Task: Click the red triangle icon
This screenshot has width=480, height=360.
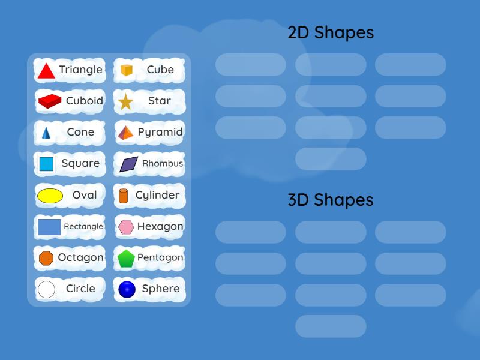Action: [46, 71]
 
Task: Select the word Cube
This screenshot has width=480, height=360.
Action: [160, 70]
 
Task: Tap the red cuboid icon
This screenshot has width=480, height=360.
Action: [50, 101]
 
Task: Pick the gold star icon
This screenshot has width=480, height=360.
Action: [125, 101]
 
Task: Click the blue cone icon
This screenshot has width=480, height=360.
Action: [46, 133]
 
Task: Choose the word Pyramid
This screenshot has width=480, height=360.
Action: [160, 132]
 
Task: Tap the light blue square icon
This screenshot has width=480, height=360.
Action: [46, 164]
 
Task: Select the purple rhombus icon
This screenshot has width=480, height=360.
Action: [128, 164]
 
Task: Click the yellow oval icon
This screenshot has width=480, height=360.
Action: [50, 196]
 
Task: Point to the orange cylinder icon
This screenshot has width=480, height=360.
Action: [124, 196]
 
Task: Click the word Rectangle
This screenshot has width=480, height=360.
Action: [83, 226]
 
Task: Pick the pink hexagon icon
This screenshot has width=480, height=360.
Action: [126, 227]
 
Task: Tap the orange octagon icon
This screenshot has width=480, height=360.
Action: [46, 258]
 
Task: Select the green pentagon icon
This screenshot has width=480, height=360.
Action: [126, 259]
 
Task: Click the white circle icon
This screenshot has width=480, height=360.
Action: [46, 290]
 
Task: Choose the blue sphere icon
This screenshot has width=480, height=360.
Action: [127, 290]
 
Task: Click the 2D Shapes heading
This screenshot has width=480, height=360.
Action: [331, 32]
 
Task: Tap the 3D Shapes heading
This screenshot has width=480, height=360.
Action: [331, 200]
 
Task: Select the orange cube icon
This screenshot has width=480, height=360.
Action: [126, 70]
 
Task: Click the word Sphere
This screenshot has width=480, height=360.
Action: [161, 289]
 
